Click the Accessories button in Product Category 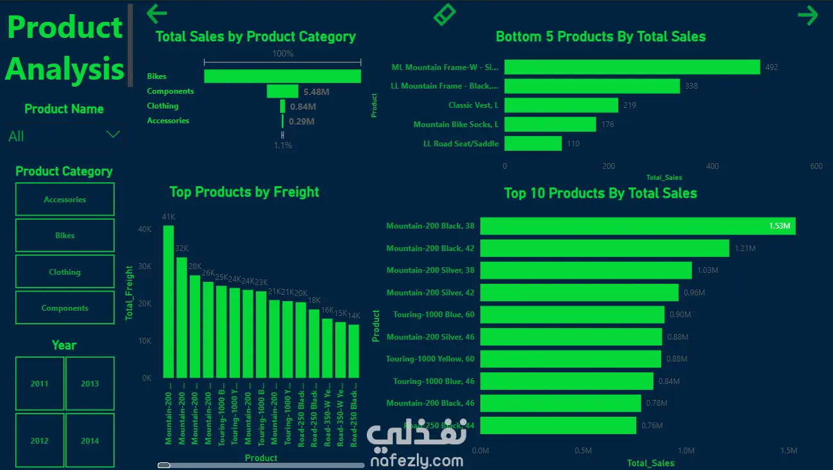tap(65, 200)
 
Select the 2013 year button tap(90, 383)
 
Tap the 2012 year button tap(39, 440)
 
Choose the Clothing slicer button tap(65, 272)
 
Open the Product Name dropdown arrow tap(113, 135)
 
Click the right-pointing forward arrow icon tap(808, 15)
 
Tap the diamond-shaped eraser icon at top tap(444, 14)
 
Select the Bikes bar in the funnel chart tap(282, 76)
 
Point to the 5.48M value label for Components tap(316, 92)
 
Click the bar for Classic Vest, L tap(561, 105)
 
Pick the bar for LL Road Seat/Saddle tap(533, 144)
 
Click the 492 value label tap(771, 67)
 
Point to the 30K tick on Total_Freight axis tap(145, 266)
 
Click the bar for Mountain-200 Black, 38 tap(638, 226)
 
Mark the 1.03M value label tap(707, 270)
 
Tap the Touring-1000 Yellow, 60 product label tap(430, 359)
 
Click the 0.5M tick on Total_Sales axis tap(583, 451)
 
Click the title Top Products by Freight tap(244, 192)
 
